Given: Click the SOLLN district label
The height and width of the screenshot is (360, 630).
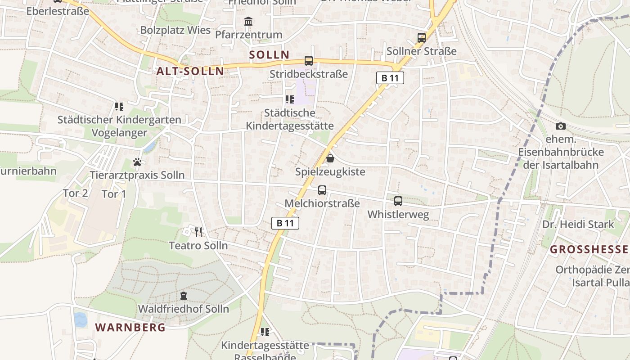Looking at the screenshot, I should coord(270,55).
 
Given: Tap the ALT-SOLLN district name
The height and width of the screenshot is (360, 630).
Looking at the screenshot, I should coord(190,71).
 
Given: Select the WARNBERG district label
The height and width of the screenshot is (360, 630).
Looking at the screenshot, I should coord(130,327).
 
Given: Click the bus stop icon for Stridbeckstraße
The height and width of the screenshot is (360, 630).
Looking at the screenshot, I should coord(309,61).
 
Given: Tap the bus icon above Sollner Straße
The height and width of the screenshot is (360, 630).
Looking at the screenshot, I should coord(422,38).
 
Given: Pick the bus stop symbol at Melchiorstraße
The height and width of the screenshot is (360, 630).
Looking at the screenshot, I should coord(322,190).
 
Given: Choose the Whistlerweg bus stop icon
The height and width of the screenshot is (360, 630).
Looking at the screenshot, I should coord(398,201).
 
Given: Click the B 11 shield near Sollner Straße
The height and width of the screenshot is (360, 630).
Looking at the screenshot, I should coord(390,78).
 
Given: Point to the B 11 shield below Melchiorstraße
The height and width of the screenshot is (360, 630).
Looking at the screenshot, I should coord(285,223).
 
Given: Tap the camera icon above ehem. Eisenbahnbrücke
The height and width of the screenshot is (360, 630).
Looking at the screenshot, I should coord(561,126).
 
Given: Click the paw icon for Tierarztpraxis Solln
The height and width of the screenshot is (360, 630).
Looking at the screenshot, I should coord(137,162).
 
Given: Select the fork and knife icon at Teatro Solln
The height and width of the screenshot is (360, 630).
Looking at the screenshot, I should coord(198,232).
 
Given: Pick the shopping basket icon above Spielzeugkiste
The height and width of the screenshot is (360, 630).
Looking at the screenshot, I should coord(330,158).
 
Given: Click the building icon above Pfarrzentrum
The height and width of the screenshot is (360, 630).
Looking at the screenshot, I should coord(248,21).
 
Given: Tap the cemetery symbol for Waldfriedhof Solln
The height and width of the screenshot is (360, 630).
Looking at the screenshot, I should coord(184,296).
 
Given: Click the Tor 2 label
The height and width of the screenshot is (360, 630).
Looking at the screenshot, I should coord(75,193).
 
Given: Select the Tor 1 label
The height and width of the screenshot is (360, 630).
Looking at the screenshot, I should coord(114,194).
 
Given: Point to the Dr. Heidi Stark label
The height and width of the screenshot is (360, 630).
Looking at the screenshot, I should coord(578,225).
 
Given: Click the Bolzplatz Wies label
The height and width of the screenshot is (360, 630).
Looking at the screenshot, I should coord(175,30).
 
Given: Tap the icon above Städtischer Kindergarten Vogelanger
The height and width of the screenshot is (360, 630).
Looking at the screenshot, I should coord(119,107).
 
